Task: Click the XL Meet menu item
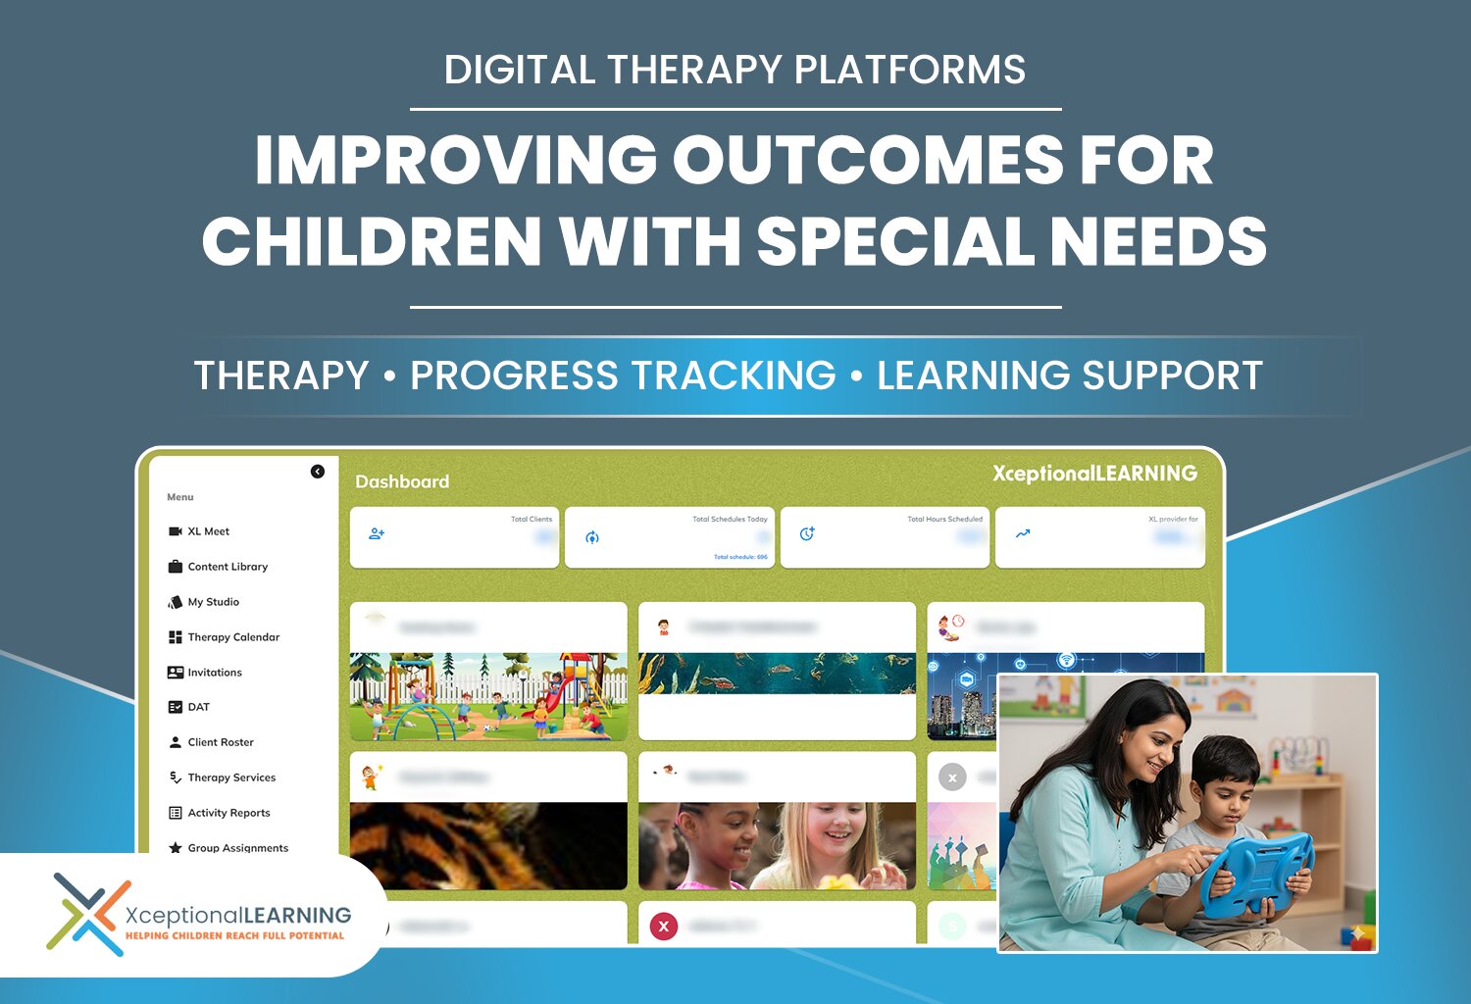tap(208, 531)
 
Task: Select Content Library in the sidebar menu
tap(227, 567)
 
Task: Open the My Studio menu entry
tap(213, 602)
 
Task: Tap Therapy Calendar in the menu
tap(232, 637)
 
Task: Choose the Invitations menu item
tap(214, 673)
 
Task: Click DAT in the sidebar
tap(198, 707)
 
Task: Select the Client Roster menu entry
tap(220, 742)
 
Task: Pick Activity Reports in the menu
tap(228, 813)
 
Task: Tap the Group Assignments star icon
tap(176, 848)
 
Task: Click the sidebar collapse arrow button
tap(318, 472)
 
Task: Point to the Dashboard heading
tap(402, 481)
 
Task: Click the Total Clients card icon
tap(377, 534)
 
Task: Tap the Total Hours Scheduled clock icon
tap(807, 534)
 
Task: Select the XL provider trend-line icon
tap(1023, 534)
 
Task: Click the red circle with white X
tap(664, 926)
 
